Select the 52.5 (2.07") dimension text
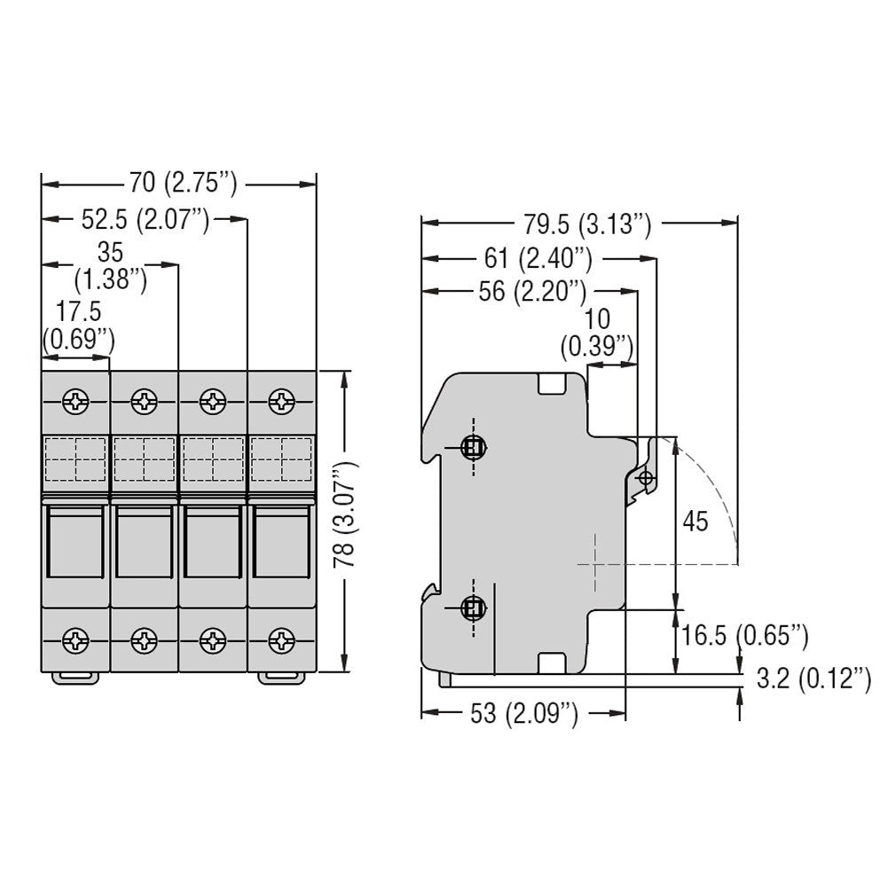click(145, 219)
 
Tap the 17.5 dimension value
click(79, 311)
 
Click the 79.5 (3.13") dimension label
click(587, 224)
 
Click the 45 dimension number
click(695, 521)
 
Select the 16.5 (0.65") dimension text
click(744, 635)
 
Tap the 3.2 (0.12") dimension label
click(814, 679)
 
